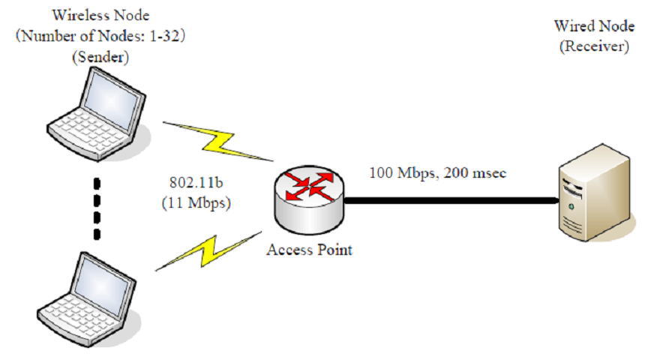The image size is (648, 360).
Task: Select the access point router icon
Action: click(309, 202)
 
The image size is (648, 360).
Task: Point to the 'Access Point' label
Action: click(309, 250)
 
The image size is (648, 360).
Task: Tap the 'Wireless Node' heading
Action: click(97, 16)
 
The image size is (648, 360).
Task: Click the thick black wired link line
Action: click(450, 200)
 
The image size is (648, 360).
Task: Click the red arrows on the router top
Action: click(309, 186)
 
